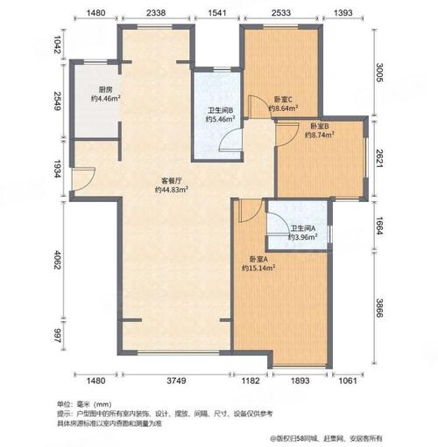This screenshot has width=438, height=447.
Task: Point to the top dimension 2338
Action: point(157,13)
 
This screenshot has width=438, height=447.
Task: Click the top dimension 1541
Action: point(217,13)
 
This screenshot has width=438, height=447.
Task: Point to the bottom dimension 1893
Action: point(302,381)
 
